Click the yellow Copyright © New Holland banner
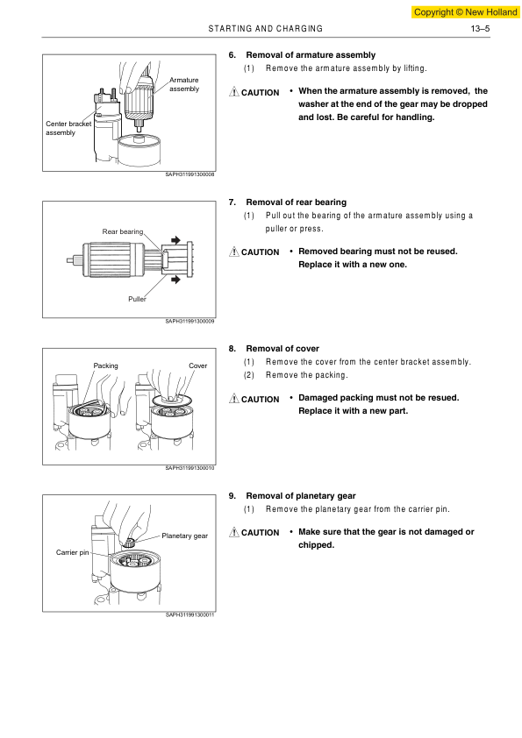(x=466, y=12)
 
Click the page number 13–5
(x=480, y=29)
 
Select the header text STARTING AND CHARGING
(x=266, y=29)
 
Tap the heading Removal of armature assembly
(x=311, y=55)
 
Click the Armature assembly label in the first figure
(x=184, y=84)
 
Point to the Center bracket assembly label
(x=68, y=128)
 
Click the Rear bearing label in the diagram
(x=123, y=231)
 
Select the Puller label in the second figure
(x=137, y=299)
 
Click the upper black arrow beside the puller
(x=175, y=240)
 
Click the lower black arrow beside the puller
(x=175, y=280)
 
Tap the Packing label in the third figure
(x=105, y=365)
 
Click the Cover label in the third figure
(x=198, y=365)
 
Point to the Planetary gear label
(x=185, y=536)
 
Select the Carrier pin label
(x=72, y=552)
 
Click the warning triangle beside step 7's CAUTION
(x=233, y=252)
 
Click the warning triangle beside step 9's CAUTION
(x=233, y=532)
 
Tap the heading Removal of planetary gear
(x=301, y=495)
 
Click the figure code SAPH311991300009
(x=189, y=321)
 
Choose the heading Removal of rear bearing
(x=296, y=202)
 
